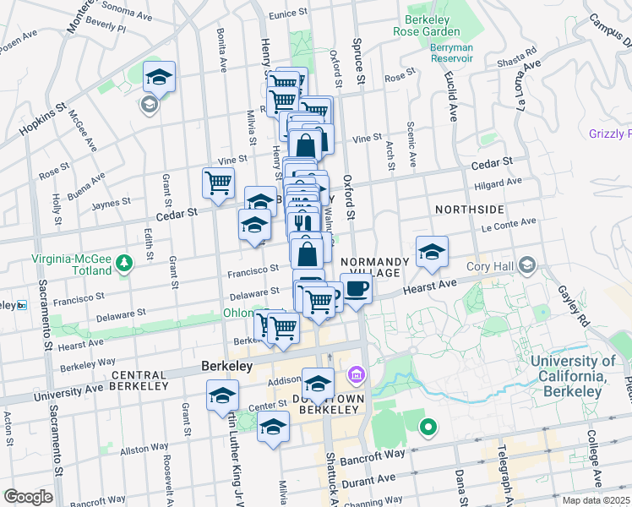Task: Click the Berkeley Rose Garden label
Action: pos(427,25)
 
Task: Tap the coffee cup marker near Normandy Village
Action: pos(356,289)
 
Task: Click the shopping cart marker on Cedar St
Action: pos(219,183)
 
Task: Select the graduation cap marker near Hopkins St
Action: pos(159,77)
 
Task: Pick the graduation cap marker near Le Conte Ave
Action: pos(432,252)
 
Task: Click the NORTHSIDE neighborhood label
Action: pos(470,209)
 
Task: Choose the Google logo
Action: pos(28,497)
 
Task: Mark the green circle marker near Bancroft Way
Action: pos(428,427)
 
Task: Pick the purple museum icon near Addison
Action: pos(356,373)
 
